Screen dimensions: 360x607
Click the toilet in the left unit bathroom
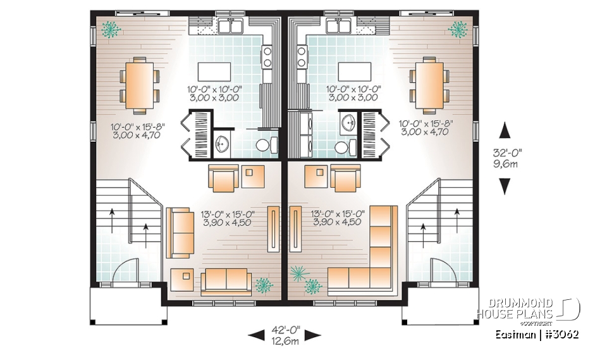[265, 145]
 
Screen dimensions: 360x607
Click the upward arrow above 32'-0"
[505, 131]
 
